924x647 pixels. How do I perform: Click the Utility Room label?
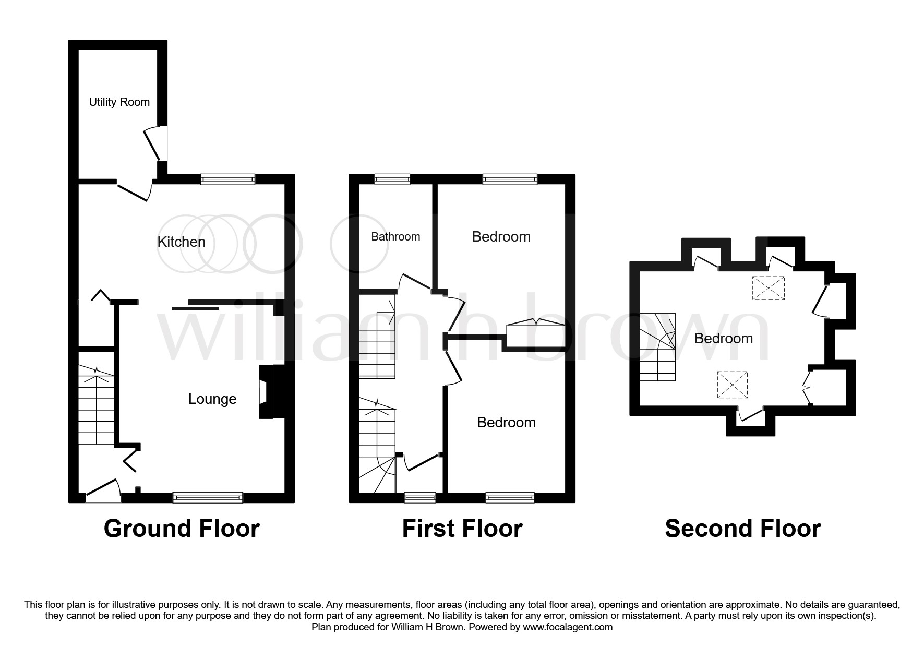point(119,102)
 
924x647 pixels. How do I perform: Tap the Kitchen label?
point(181,242)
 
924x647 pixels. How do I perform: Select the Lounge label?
point(212,399)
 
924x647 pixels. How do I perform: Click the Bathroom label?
point(395,237)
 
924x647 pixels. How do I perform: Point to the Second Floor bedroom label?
point(723,339)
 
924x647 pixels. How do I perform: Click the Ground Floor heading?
point(182,529)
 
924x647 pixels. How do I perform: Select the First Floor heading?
point(462,529)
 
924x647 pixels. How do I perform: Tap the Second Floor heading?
point(742,529)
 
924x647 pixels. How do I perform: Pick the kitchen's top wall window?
point(228,179)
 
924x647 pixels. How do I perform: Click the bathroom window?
point(392,179)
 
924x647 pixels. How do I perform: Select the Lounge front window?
point(208,497)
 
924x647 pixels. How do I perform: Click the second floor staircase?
point(657,348)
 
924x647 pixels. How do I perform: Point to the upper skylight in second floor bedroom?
point(768,288)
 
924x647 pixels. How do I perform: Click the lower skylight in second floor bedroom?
point(732,386)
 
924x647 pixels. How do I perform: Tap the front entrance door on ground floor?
point(103,492)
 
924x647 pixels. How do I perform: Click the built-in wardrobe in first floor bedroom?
point(535,334)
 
